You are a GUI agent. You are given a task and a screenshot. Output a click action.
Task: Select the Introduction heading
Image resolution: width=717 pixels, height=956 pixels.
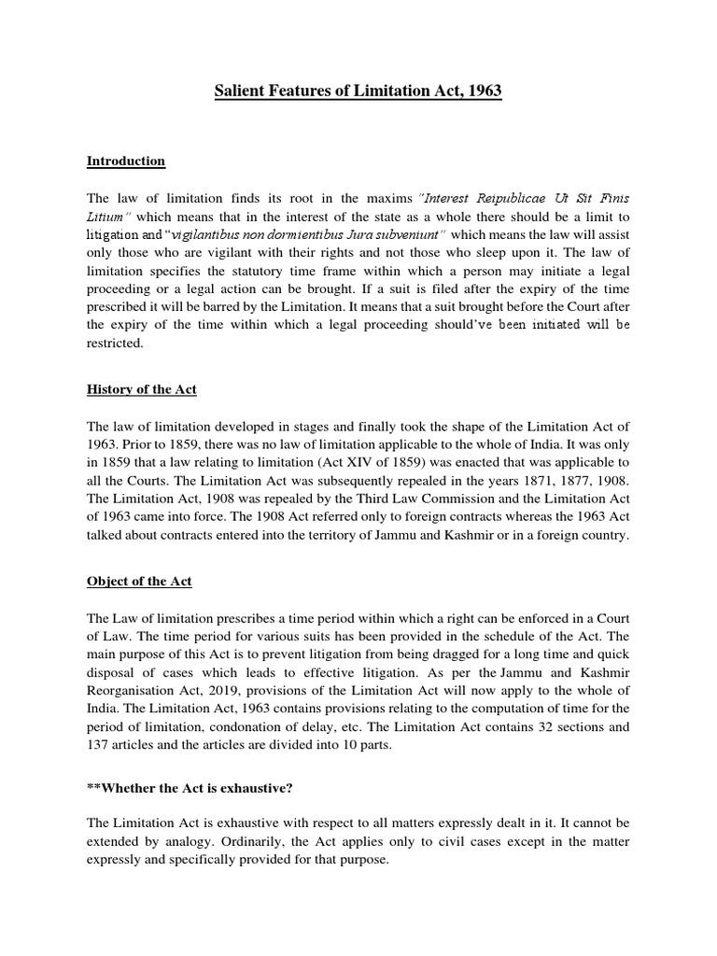(126, 161)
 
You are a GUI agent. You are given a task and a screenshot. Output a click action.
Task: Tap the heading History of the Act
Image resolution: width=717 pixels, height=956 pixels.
(142, 388)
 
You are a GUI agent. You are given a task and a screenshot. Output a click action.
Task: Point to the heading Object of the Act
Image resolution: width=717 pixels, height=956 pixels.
(139, 581)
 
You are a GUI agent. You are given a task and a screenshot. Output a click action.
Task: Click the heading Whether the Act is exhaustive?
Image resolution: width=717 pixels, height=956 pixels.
(190, 789)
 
